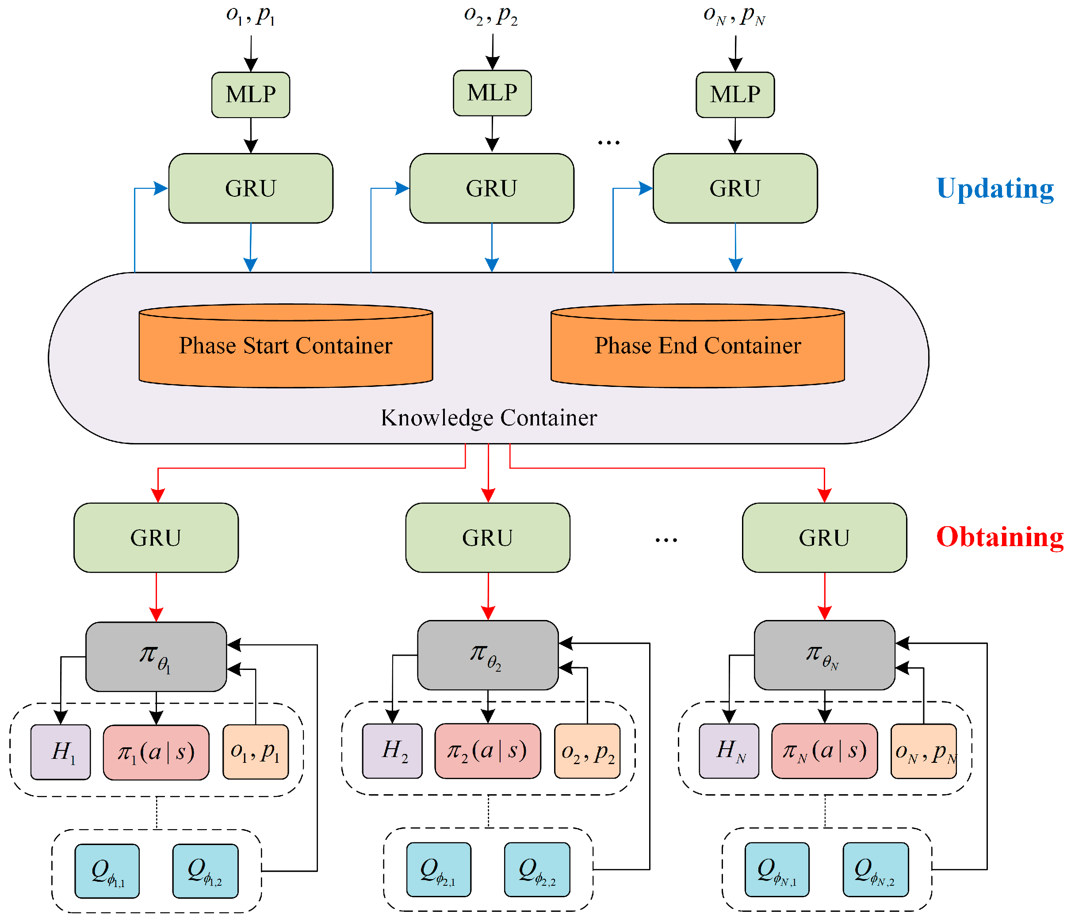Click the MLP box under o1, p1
click(251, 95)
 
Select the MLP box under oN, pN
click(734, 95)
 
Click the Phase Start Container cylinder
click(285, 346)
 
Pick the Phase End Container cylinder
click(697, 346)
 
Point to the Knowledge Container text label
click(489, 417)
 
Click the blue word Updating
click(994, 188)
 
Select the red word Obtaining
click(999, 537)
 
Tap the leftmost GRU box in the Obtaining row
click(156, 537)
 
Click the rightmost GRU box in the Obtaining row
click(824, 537)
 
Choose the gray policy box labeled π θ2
click(487, 655)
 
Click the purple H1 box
click(61, 751)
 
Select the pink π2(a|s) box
click(487, 750)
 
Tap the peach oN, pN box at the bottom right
click(923, 750)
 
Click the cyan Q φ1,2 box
click(205, 871)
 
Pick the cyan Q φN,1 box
click(776, 869)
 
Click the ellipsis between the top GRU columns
click(608, 142)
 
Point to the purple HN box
click(728, 750)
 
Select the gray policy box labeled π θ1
click(156, 656)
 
